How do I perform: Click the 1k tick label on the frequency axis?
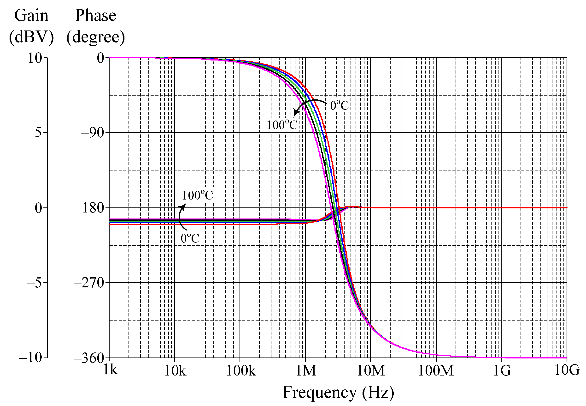pyautogui.click(x=111, y=370)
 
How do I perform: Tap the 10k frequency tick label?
pyautogui.click(x=175, y=371)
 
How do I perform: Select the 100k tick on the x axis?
pyautogui.click(x=240, y=371)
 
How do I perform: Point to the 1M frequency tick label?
pyautogui.click(x=306, y=371)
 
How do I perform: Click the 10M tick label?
pyautogui.click(x=371, y=371)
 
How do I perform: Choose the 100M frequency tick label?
pyautogui.click(x=436, y=371)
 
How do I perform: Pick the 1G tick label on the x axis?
pyautogui.click(x=502, y=371)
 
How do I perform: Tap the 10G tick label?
pyautogui.click(x=567, y=370)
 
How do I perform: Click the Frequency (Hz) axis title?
pyautogui.click(x=338, y=392)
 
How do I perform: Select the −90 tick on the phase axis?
pyautogui.click(x=93, y=133)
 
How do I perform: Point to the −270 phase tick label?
pyautogui.click(x=89, y=283)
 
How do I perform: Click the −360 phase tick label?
pyautogui.click(x=89, y=358)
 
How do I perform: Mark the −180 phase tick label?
pyautogui.click(x=89, y=208)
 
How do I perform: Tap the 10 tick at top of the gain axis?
pyautogui.click(x=35, y=58)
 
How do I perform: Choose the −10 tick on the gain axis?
pyautogui.click(x=31, y=358)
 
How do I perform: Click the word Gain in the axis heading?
pyautogui.click(x=31, y=16)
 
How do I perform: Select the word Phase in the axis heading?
pyautogui.click(x=96, y=16)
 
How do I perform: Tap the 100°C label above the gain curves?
pyautogui.click(x=197, y=195)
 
